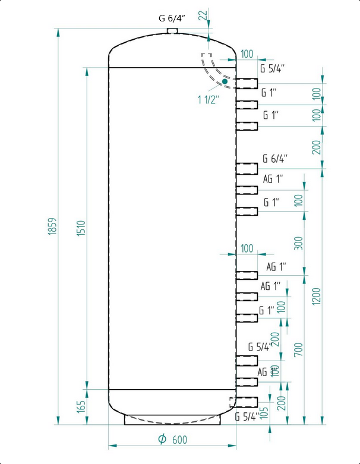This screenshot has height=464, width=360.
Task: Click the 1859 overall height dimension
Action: [x=52, y=226]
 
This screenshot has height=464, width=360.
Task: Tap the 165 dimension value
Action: [x=81, y=406]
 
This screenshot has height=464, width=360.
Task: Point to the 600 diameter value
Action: [x=180, y=440]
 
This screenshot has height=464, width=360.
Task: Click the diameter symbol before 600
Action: [x=162, y=439]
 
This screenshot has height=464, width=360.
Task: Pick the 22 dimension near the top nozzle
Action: [x=204, y=17]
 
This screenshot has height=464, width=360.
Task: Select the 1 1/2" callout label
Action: [x=209, y=99]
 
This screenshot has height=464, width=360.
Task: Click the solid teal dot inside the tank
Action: [x=225, y=81]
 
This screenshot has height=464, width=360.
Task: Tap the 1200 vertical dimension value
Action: [x=316, y=296]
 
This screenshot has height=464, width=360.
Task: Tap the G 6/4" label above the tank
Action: [x=172, y=18]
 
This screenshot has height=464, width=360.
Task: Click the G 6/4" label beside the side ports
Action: [x=275, y=159]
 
